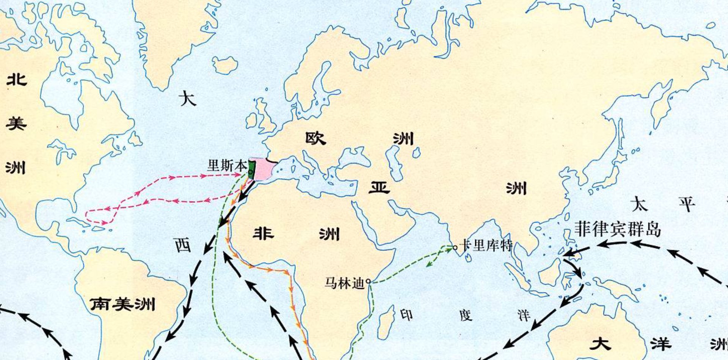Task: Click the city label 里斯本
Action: [x=227, y=166]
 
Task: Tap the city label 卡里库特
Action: [x=486, y=246]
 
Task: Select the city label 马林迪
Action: [x=344, y=283]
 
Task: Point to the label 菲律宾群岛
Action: [x=618, y=229]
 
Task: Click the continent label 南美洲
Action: [x=122, y=304]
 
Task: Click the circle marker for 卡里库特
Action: [x=455, y=248]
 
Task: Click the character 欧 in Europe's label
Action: [x=316, y=138]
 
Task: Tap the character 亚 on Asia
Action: [x=379, y=187]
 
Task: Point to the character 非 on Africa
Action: [x=264, y=232]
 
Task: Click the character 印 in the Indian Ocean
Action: [x=406, y=315]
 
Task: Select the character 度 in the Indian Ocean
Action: [x=466, y=315]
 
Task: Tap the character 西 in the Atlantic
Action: [x=183, y=245]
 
